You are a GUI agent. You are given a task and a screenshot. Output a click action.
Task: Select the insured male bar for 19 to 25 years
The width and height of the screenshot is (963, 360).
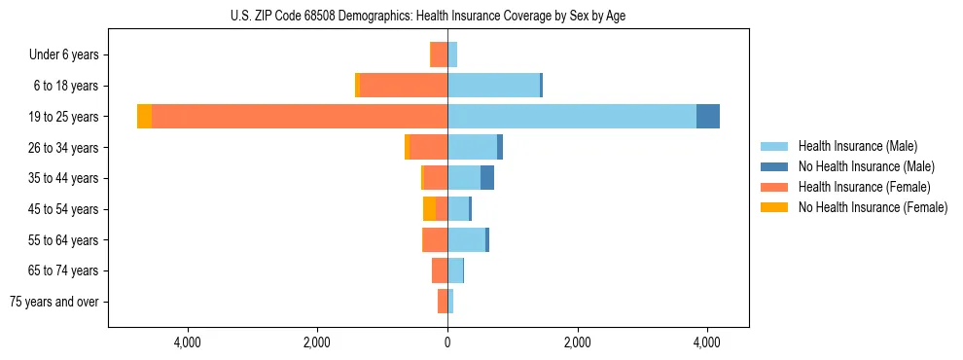572,116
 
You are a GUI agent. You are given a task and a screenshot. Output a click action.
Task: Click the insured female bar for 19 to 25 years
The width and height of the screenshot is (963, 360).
300,116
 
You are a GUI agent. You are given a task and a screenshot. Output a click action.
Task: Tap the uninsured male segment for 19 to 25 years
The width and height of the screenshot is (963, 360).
708,116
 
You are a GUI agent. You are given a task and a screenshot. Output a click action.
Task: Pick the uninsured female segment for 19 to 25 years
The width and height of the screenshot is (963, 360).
144,116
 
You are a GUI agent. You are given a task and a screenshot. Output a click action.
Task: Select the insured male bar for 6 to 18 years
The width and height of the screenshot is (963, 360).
493,85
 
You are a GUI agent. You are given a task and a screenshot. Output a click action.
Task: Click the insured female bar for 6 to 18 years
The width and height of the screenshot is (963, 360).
404,85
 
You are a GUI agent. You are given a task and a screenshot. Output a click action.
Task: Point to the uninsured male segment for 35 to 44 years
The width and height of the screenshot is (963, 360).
487,177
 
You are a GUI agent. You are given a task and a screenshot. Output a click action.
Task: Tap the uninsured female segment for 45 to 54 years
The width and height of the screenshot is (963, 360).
429,208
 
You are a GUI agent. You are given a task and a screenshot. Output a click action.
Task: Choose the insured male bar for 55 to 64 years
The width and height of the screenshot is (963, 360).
466,239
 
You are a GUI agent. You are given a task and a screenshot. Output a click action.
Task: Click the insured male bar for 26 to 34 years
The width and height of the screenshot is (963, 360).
472,147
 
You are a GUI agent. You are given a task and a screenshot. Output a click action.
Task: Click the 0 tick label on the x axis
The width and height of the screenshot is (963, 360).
447,342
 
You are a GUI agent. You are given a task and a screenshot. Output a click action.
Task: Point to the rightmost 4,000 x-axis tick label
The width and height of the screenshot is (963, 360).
707,342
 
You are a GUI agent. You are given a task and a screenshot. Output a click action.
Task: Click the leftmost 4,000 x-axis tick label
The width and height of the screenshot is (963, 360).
187,342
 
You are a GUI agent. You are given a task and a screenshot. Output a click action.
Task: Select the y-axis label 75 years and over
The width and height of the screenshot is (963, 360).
54,302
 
